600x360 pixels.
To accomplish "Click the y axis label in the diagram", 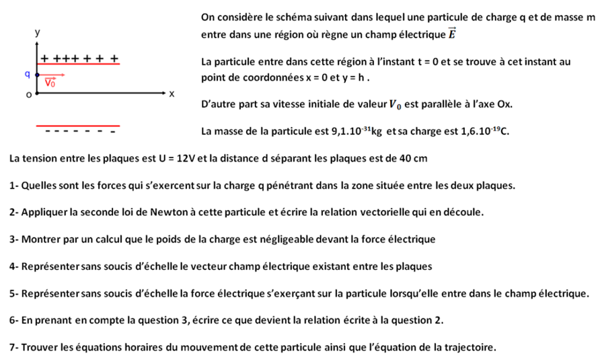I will (38, 32).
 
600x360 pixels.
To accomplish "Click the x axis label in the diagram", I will (172, 94).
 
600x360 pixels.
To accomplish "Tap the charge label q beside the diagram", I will (27, 73).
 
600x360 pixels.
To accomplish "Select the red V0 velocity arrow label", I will (51, 83).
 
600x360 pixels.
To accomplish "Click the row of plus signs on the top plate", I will (79, 59).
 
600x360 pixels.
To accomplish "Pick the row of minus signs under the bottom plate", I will (78, 131).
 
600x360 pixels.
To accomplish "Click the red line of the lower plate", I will (78, 125).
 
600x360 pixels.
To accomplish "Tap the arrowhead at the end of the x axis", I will (163, 90).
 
